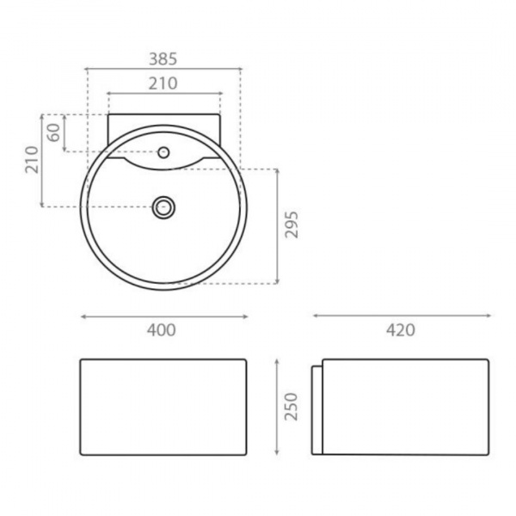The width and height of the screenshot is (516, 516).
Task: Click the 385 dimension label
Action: [x=163, y=59]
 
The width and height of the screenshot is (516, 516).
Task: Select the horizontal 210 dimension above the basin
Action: [x=163, y=83]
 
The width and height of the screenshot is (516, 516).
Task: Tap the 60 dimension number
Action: [x=53, y=132]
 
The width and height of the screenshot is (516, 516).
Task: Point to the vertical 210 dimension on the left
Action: [x=33, y=160]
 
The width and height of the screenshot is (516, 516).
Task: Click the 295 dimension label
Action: [x=292, y=224]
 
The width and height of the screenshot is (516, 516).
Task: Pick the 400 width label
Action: [x=162, y=330]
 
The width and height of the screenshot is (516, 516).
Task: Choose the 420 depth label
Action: [x=401, y=330]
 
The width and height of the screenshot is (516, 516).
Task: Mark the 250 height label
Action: [x=292, y=407]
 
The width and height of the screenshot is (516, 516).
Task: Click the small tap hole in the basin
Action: [x=163, y=152]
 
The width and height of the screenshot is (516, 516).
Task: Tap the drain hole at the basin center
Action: [x=163, y=207]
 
